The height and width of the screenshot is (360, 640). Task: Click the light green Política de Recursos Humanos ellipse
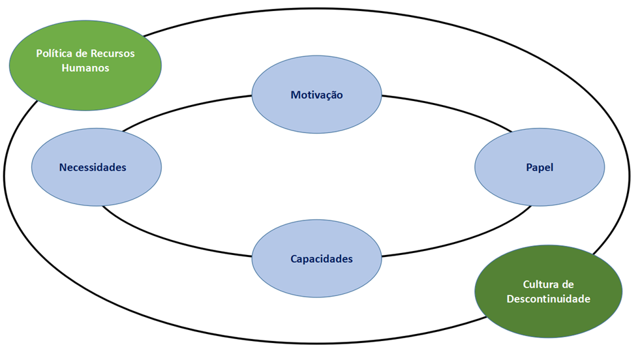click(x=85, y=82)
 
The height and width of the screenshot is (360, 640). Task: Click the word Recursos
click(x=113, y=53)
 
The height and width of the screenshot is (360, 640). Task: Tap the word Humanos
click(x=85, y=67)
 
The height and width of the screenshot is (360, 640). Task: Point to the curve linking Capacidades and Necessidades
click(x=176, y=241)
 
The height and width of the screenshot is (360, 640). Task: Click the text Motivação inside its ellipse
click(x=316, y=95)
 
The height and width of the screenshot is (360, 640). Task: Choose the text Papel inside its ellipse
click(x=539, y=168)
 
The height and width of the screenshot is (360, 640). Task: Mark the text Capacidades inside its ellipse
click(x=321, y=259)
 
